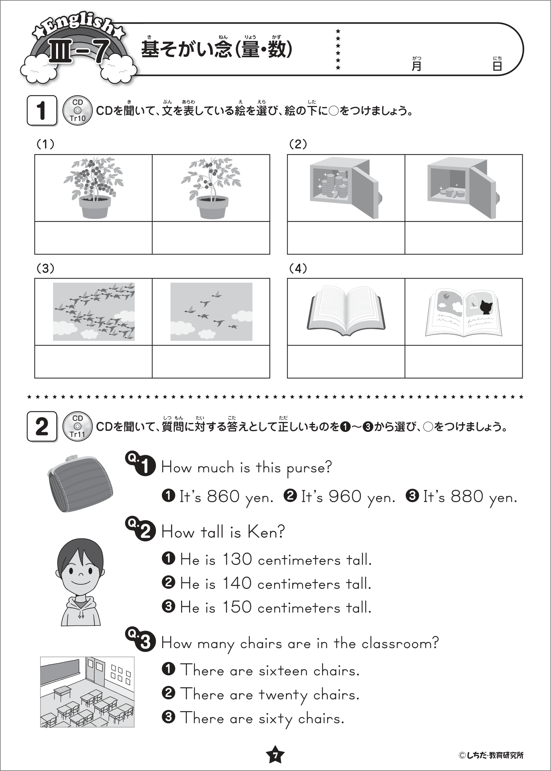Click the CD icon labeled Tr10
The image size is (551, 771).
click(x=77, y=110)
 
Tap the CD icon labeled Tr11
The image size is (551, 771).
click(x=77, y=427)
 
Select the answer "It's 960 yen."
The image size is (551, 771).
click(x=348, y=497)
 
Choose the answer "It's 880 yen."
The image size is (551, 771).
click(x=470, y=497)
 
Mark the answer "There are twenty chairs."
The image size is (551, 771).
click(x=269, y=695)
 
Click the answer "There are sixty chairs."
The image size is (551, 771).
click(x=262, y=718)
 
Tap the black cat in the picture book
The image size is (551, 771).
click(x=486, y=308)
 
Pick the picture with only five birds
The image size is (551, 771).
click(x=211, y=312)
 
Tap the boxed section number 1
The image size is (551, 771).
click(x=42, y=110)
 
